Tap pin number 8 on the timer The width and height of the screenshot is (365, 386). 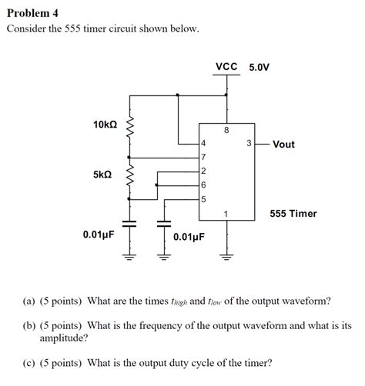pyautogui.click(x=226, y=130)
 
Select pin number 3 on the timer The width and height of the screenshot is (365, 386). pyautogui.click(x=248, y=144)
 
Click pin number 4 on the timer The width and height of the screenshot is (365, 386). pyautogui.click(x=203, y=144)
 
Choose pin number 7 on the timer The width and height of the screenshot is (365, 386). pyautogui.click(x=203, y=157)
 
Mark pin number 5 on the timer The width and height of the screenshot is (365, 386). pyautogui.click(x=203, y=199)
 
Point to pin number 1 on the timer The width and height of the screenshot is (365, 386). pyautogui.click(x=226, y=213)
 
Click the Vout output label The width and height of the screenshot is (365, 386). pyautogui.click(x=283, y=145)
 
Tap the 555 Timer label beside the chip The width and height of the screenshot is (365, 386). pyautogui.click(x=293, y=213)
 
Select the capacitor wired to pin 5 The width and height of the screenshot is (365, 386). pyautogui.click(x=162, y=225)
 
